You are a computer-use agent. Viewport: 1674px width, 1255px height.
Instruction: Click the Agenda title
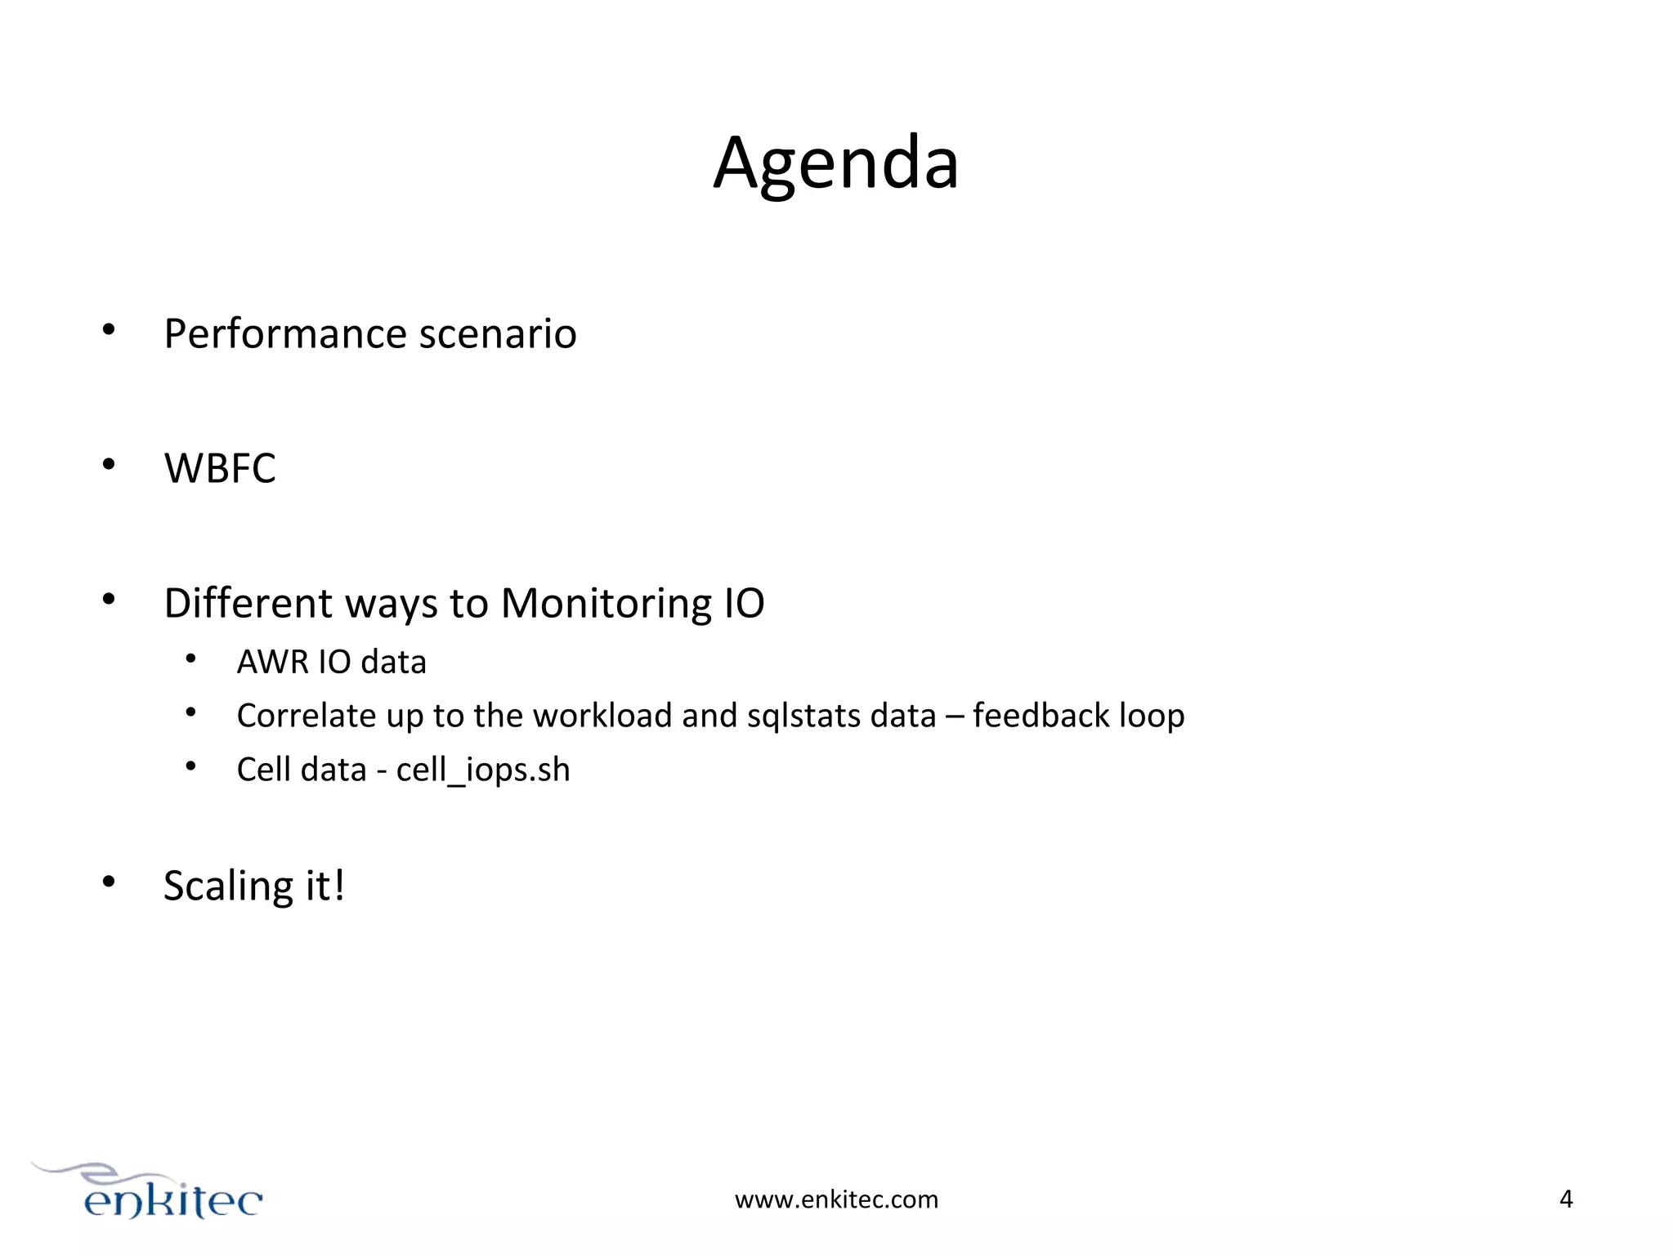835,163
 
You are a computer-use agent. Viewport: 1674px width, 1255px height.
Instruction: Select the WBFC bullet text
220,469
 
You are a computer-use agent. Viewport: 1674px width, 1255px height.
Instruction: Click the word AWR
272,662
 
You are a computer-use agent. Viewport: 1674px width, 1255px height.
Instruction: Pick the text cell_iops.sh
482,770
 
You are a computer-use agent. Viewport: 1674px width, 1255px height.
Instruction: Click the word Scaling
228,887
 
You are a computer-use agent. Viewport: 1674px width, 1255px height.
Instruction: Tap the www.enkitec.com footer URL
836,1199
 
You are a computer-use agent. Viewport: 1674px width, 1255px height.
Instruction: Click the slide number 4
1566,1199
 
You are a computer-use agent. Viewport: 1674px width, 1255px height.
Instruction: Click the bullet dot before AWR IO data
190,659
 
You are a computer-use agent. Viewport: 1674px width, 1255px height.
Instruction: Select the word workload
602,716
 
